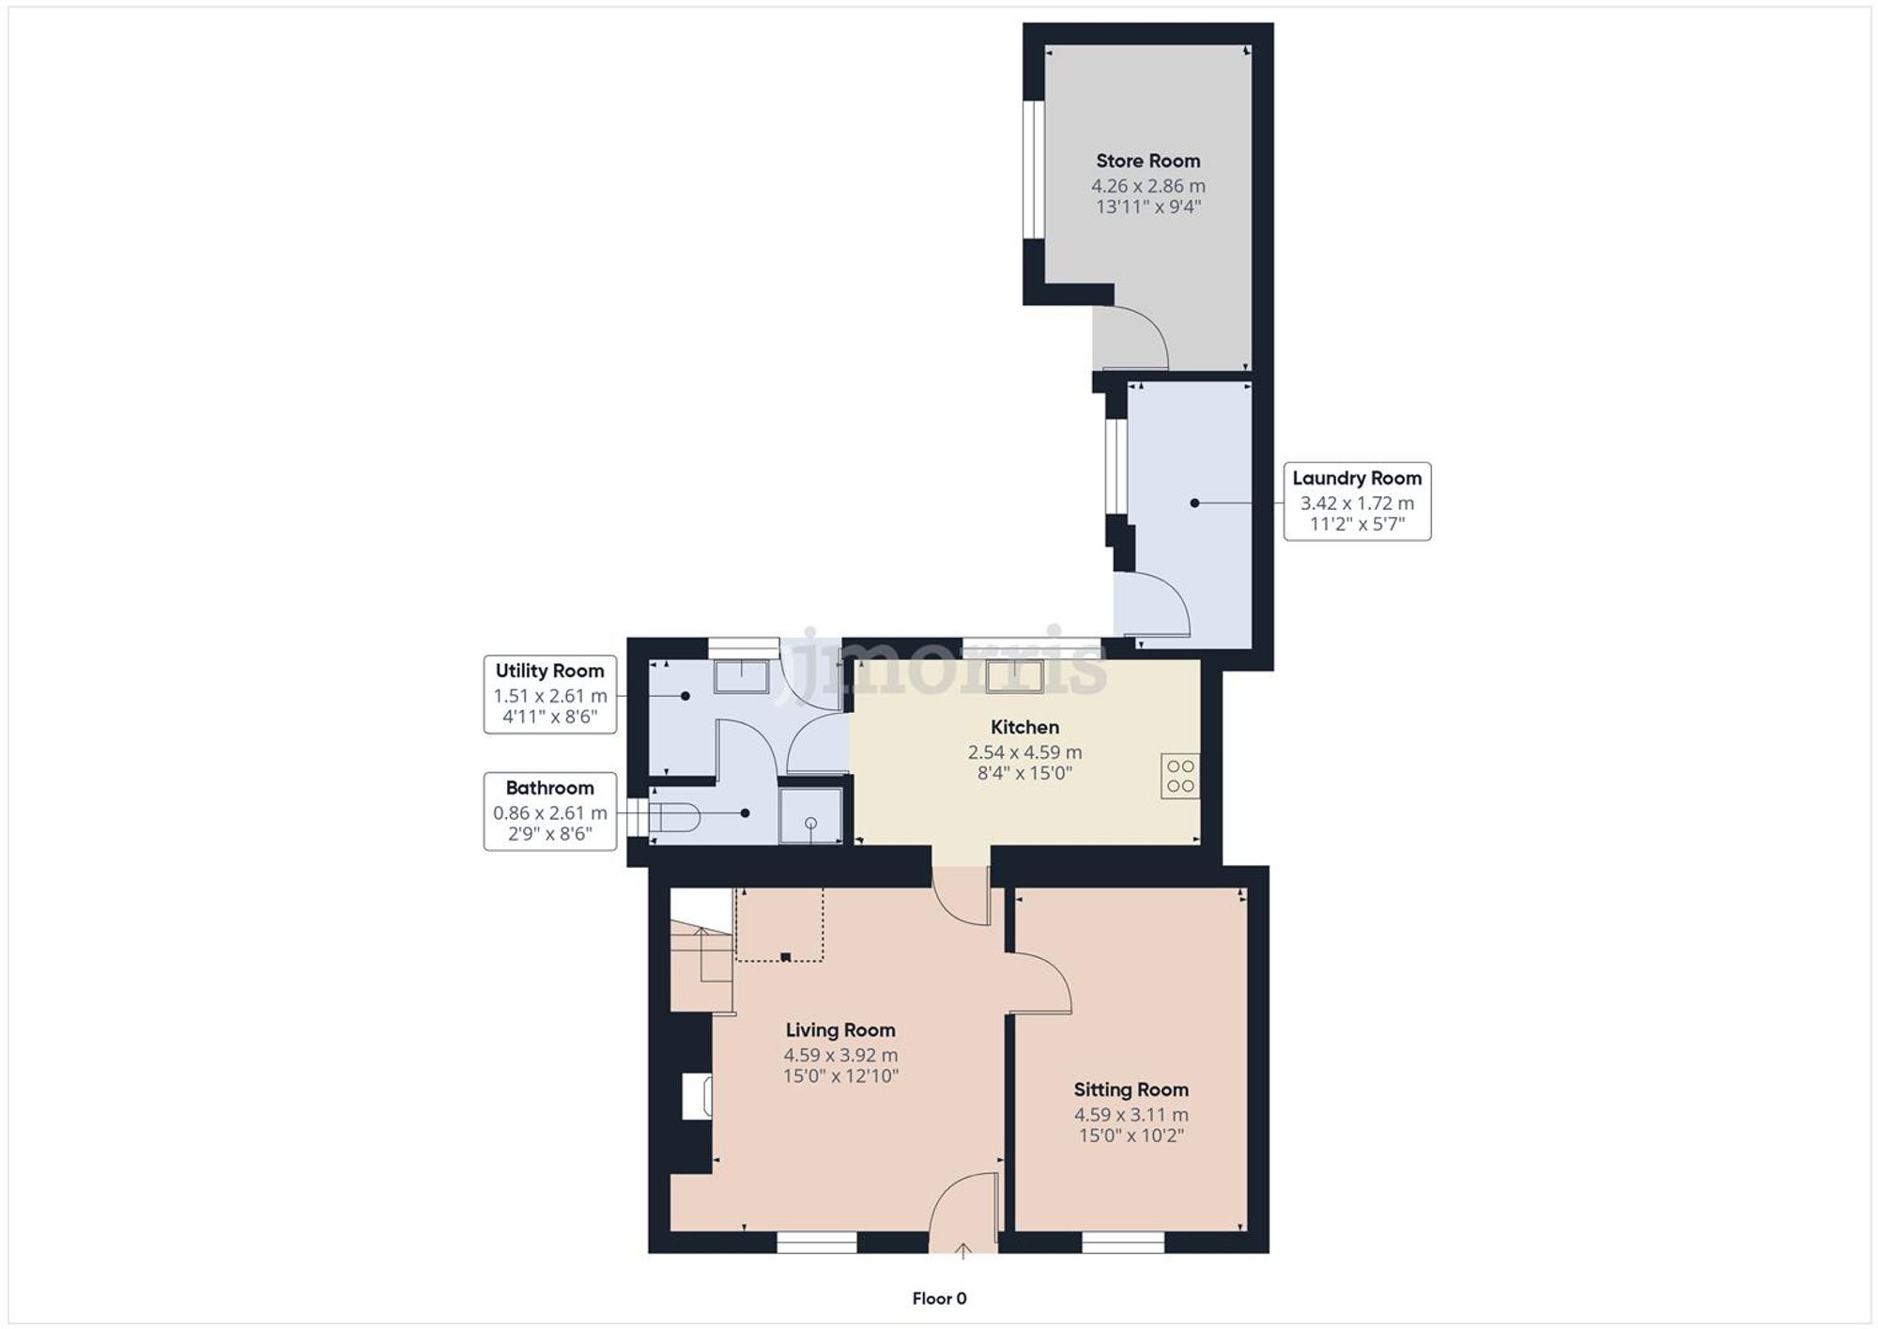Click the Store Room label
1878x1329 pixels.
click(x=1147, y=161)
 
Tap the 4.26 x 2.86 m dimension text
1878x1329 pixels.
click(x=1147, y=186)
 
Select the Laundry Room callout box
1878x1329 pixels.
click(x=1357, y=502)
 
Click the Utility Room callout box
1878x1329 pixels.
click(x=550, y=694)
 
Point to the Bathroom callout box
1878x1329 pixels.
click(x=550, y=811)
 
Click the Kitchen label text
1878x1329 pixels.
click(x=1024, y=727)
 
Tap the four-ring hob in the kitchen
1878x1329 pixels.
click(x=1179, y=776)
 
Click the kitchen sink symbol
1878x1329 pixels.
click(x=1015, y=677)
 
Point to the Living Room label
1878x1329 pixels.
click(x=840, y=1030)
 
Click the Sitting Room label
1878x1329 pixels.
click(x=1131, y=1089)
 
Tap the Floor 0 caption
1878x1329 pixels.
click(x=939, y=1299)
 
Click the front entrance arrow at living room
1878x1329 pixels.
click(x=962, y=1250)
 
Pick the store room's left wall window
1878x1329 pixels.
click(x=1034, y=169)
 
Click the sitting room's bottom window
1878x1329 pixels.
click(x=1123, y=1244)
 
